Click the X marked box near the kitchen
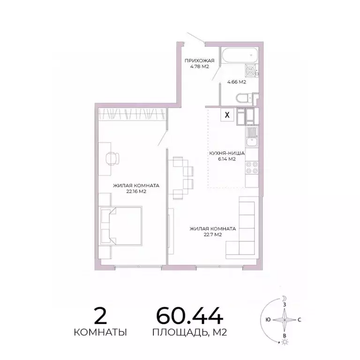click(x=228, y=114)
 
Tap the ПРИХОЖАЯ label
click(x=199, y=60)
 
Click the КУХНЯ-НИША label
click(x=226, y=153)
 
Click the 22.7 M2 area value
click(x=212, y=235)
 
